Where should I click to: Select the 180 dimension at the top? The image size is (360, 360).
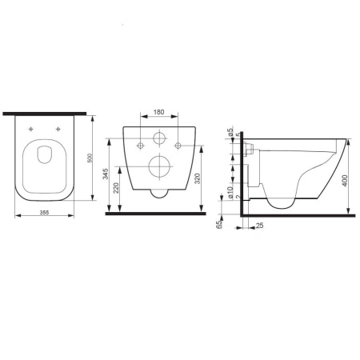[159, 114]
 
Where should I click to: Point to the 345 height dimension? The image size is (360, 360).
[106, 174]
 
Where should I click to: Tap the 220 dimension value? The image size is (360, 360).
[116, 190]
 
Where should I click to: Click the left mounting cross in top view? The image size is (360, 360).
[31, 129]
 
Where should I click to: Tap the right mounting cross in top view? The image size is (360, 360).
[59, 129]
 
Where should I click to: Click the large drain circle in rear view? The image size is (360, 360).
[159, 169]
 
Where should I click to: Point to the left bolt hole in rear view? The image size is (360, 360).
[140, 144]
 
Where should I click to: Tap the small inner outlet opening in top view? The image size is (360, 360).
[45, 156]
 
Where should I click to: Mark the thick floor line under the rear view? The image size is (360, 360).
[159, 214]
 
